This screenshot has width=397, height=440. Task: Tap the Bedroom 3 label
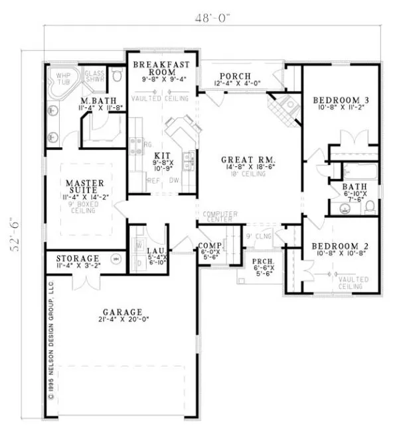(x=341, y=100)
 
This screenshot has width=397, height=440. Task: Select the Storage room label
(x=78, y=258)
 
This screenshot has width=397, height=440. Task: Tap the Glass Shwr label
(x=96, y=78)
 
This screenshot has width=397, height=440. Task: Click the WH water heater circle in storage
(x=117, y=259)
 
